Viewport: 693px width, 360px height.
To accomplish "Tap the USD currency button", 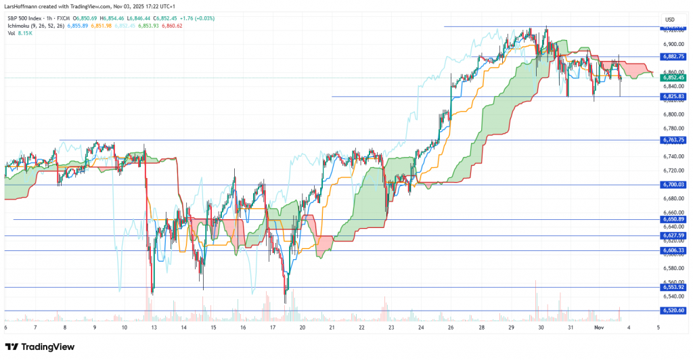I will pos(671,19).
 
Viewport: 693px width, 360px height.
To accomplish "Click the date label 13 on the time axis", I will pos(154,328).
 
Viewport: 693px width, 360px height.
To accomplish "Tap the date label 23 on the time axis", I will pos(391,328).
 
